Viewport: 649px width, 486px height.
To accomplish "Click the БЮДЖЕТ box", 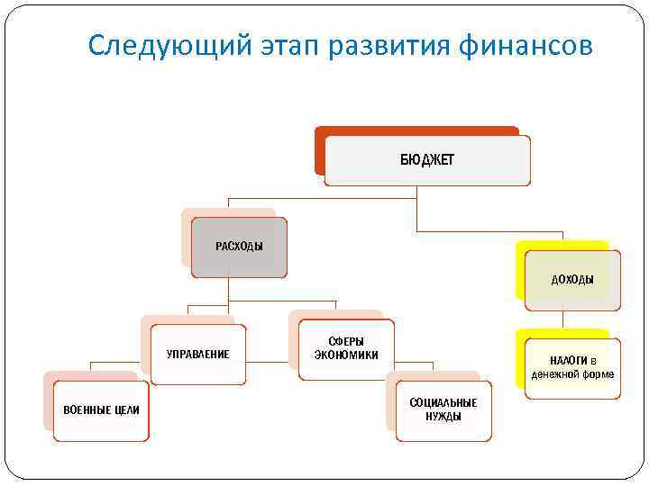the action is (x=427, y=160).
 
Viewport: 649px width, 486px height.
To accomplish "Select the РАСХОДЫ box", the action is (x=239, y=247).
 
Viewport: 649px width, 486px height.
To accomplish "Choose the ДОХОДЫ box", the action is (x=572, y=280).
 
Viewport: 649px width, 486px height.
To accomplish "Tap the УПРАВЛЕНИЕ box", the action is (x=198, y=354).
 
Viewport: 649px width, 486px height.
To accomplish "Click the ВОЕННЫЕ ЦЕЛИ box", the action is (x=101, y=410).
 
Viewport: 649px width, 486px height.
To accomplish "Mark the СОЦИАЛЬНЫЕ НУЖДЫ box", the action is (x=443, y=409).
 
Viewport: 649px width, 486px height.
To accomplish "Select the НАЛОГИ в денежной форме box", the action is (x=572, y=367).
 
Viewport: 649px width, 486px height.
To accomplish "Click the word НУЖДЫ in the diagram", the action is (x=443, y=417).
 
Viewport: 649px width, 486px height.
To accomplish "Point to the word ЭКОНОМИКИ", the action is (x=346, y=355).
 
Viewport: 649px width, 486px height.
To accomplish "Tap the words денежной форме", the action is (x=572, y=374).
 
